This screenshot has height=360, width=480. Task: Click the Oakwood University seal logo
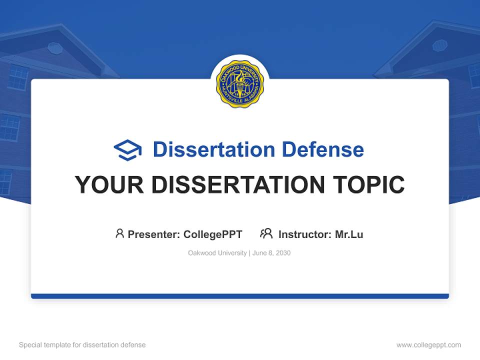(240, 84)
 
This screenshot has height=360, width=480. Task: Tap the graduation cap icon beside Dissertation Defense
(127, 150)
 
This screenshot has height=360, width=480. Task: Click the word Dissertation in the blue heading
(213, 149)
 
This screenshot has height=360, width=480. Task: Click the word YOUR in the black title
(109, 185)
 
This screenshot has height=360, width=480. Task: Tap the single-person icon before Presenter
(119, 233)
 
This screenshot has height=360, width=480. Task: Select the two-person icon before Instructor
(266, 233)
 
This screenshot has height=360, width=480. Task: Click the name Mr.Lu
(349, 234)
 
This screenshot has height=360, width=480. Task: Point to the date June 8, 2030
(271, 253)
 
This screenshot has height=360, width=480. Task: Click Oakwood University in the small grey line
(217, 253)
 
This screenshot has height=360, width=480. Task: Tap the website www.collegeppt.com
(428, 345)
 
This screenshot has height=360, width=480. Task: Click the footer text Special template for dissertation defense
(82, 345)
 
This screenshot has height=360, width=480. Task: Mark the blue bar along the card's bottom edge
(240, 296)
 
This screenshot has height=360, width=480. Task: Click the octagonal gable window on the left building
(55, 48)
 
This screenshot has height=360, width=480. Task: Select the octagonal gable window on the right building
(439, 45)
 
